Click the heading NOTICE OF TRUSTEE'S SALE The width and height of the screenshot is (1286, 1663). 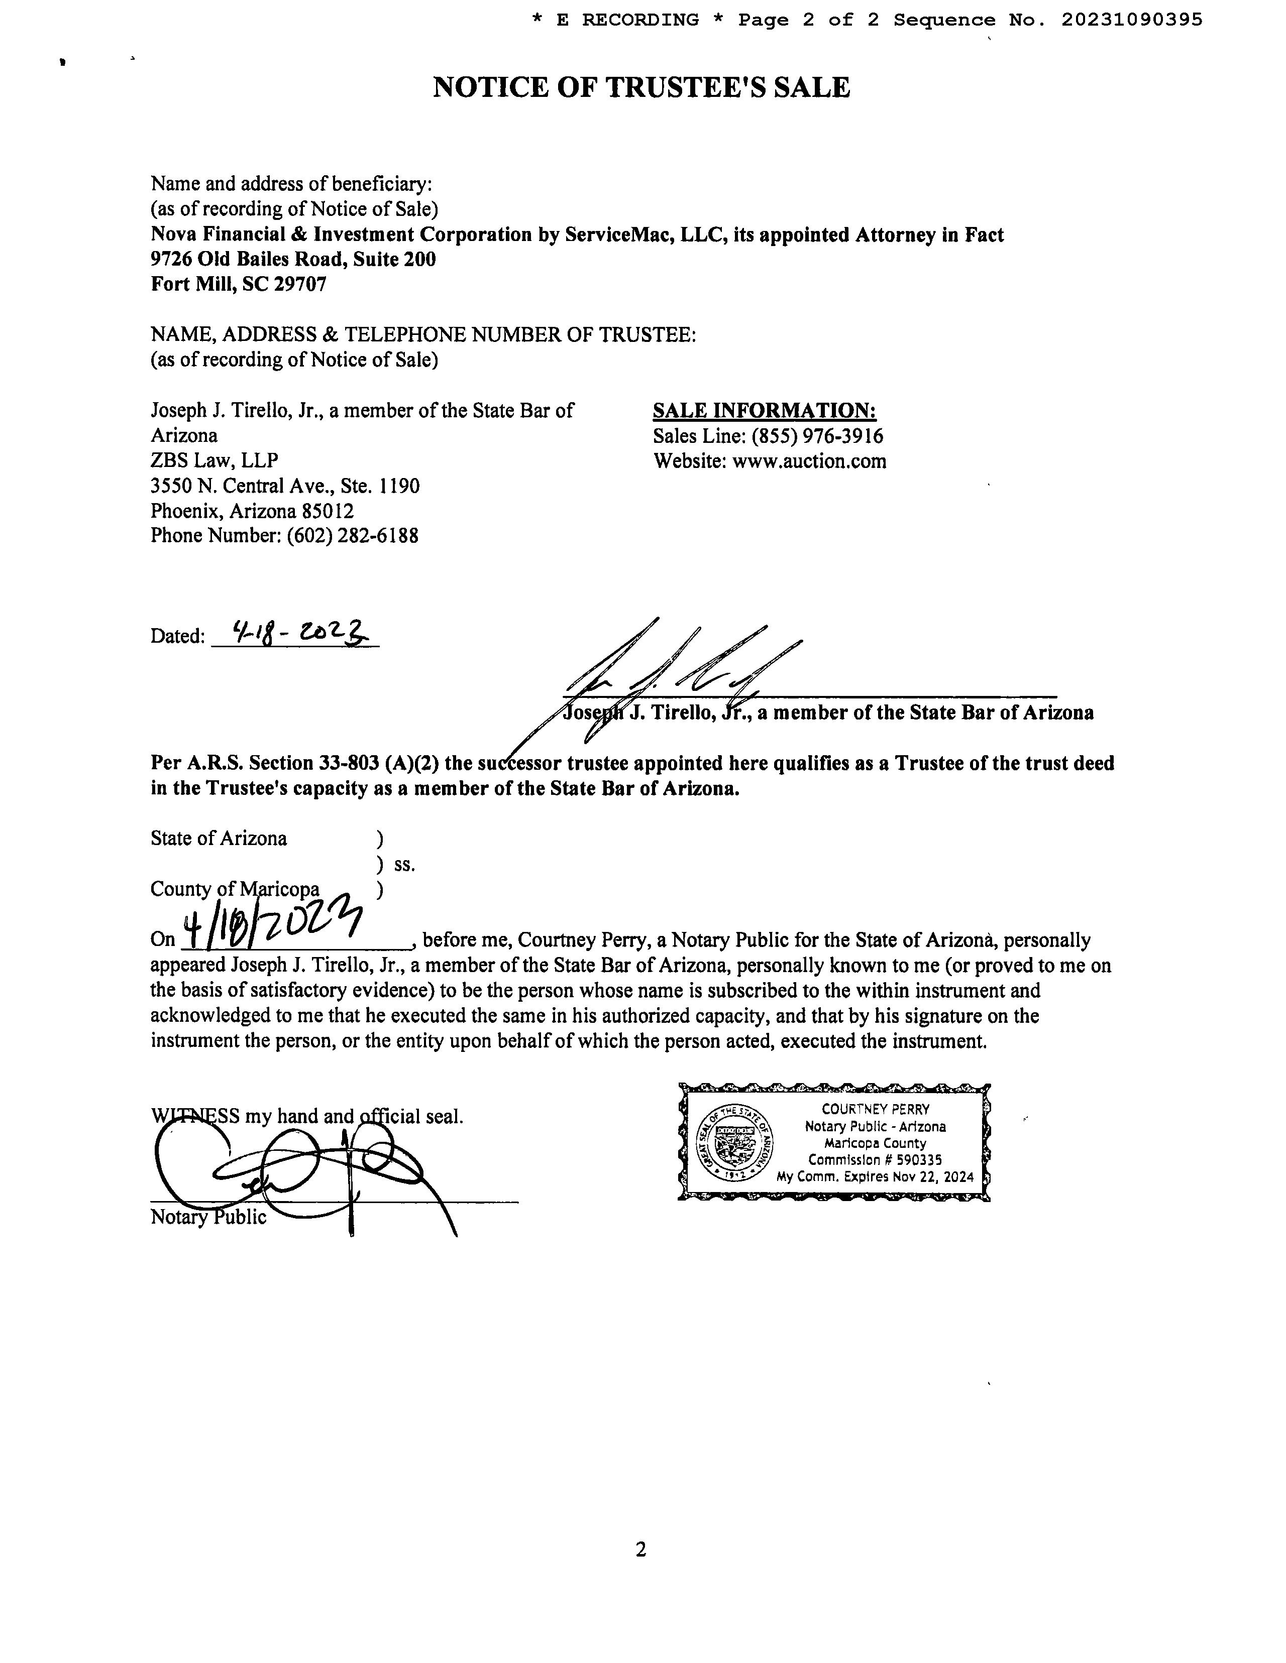tap(641, 87)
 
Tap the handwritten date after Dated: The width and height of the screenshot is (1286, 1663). tap(293, 633)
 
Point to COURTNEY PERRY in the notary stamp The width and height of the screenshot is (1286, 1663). tap(876, 1110)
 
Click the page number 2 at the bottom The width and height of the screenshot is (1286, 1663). tap(640, 1550)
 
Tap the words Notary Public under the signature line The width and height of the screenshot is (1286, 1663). tap(208, 1217)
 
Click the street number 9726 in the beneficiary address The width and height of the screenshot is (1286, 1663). tap(171, 259)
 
